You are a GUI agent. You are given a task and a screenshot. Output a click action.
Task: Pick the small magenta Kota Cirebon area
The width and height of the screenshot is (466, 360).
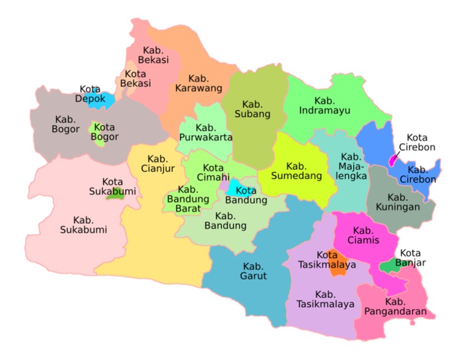[393, 160]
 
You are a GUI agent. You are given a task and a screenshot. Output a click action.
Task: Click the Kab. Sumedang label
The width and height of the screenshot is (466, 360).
[296, 172]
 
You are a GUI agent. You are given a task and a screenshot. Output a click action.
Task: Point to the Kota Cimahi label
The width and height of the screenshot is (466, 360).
[213, 172]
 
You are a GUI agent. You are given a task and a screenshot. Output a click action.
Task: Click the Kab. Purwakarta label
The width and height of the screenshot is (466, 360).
[206, 132]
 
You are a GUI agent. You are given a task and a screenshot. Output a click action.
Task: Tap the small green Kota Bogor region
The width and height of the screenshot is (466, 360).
[95, 129]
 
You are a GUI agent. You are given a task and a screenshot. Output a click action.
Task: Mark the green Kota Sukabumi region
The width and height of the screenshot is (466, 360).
[114, 195]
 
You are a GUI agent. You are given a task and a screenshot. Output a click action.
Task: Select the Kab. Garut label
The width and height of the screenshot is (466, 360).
[253, 271]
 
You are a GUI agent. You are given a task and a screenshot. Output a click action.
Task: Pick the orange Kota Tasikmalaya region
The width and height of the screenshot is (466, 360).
[339, 263]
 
